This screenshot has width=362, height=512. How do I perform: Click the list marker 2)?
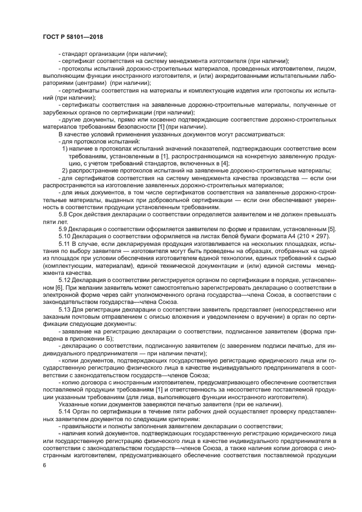pos(65,170)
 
